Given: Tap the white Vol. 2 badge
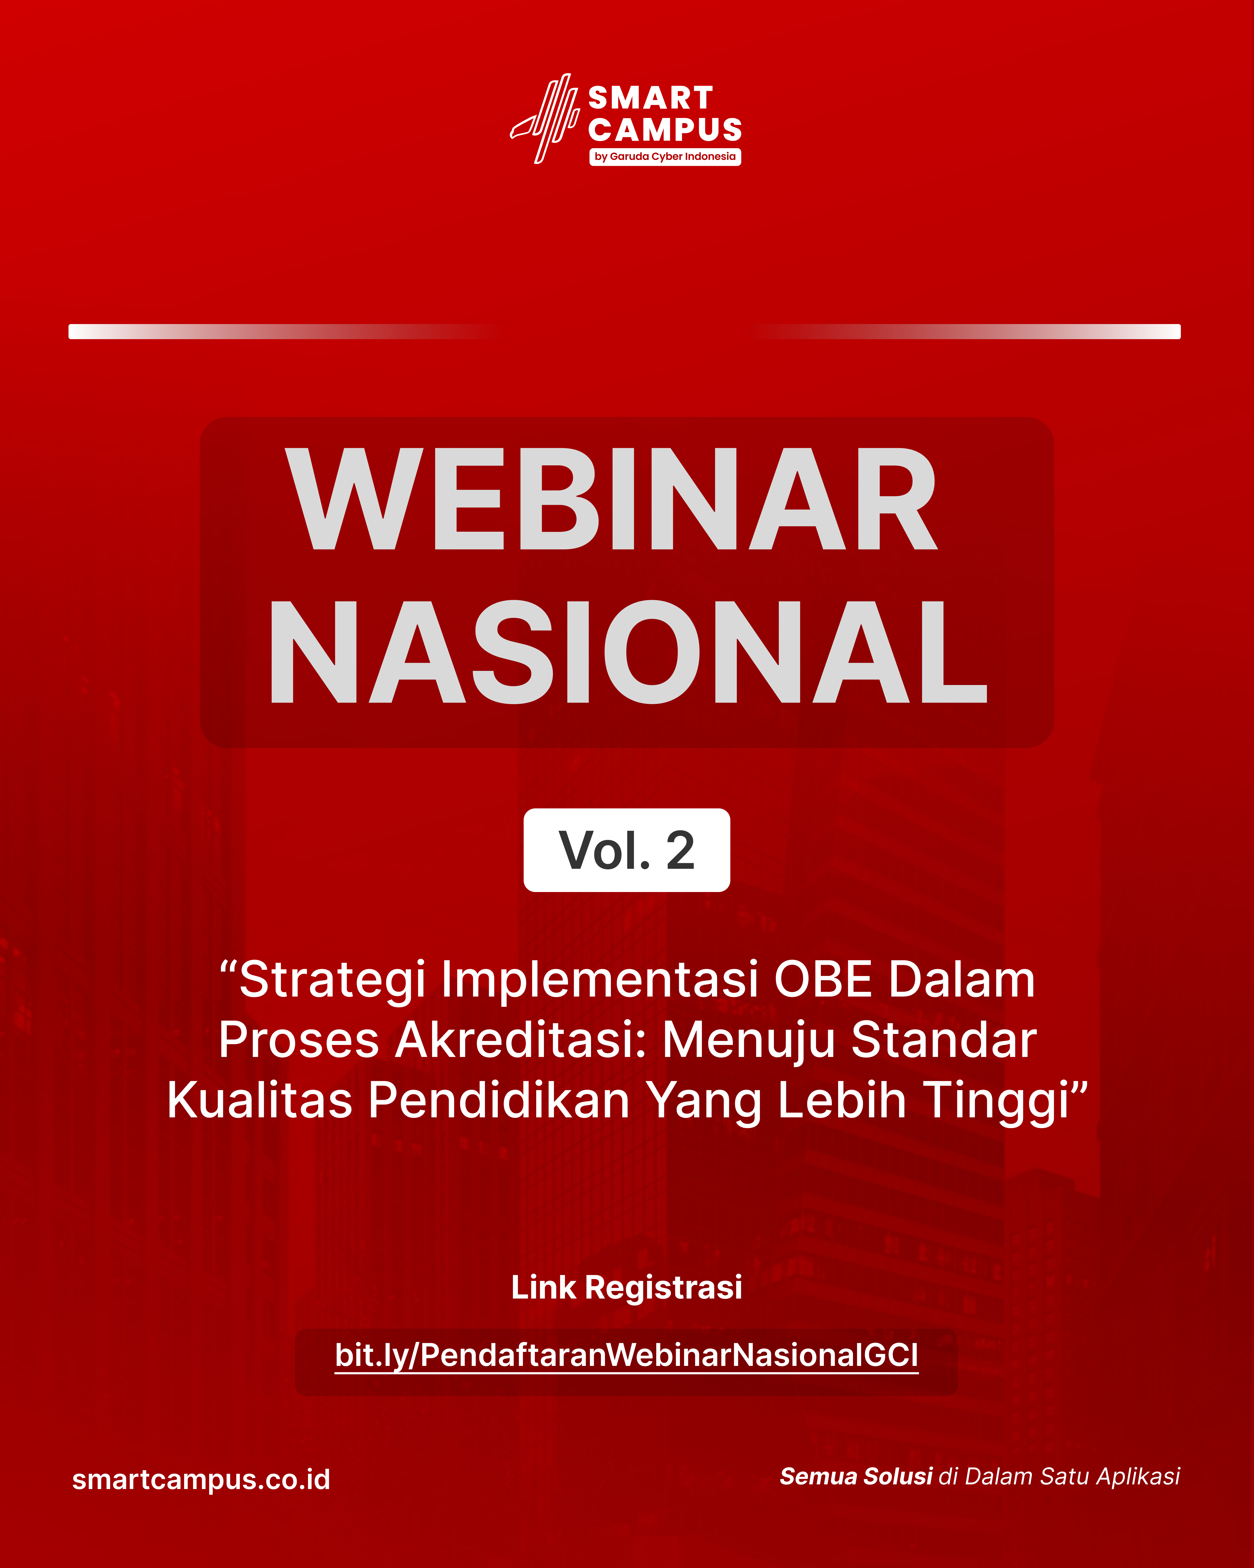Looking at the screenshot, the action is [x=627, y=850].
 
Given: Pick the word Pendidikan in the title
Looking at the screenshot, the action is [x=499, y=1100].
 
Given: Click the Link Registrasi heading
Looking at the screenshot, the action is [x=627, y=1287].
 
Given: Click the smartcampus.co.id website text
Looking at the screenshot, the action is [x=201, y=1479].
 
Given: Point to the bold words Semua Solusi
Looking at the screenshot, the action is [x=856, y=1476].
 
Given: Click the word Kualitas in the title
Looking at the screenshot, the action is [x=260, y=1100].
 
